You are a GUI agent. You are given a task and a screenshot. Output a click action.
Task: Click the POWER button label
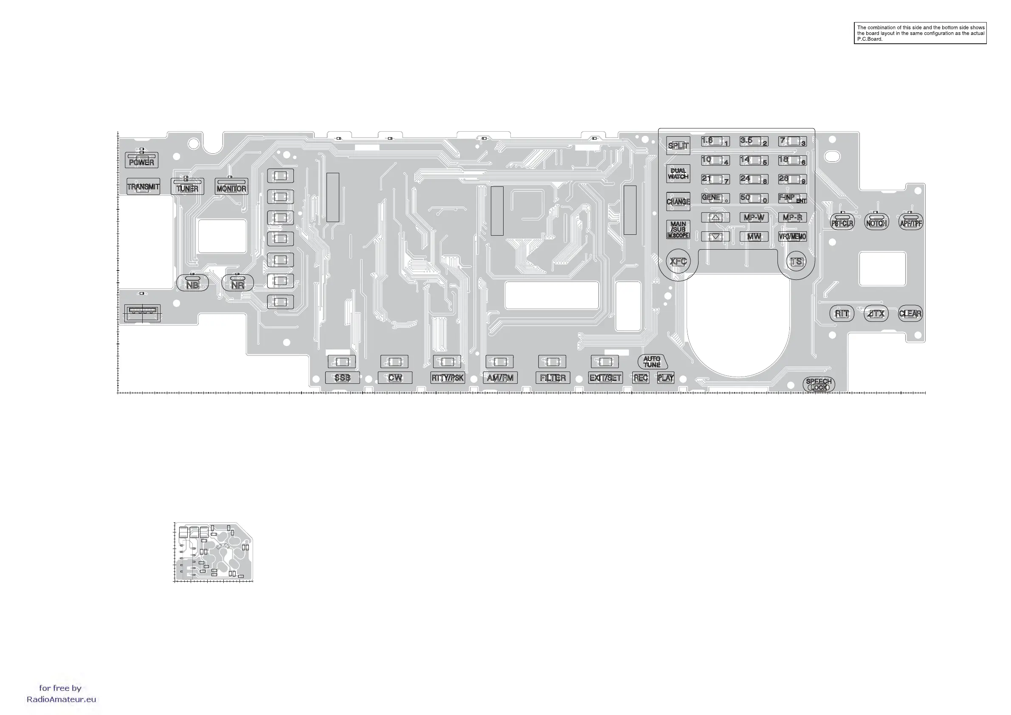[x=141, y=162]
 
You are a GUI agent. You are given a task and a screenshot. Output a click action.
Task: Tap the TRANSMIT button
[x=143, y=187]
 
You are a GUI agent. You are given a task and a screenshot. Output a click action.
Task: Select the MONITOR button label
[x=231, y=188]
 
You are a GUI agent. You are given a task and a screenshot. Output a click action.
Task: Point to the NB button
[x=192, y=284]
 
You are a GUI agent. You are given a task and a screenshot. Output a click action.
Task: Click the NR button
[x=237, y=284]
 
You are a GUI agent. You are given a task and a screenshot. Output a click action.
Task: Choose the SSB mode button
[x=342, y=378]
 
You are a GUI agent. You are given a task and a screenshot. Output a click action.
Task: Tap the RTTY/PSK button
[x=448, y=378]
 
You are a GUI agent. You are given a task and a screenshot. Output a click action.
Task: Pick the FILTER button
[x=552, y=378]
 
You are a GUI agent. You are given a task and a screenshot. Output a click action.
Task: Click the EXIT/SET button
[x=605, y=378]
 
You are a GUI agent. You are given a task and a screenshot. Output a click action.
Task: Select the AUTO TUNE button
[x=652, y=362]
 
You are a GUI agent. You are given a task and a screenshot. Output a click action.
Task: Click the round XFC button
[x=678, y=261]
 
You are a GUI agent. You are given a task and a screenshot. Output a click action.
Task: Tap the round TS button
[x=796, y=262]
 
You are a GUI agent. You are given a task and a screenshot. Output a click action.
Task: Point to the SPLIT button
[x=678, y=146]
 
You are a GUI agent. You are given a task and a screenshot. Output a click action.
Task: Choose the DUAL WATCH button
[x=678, y=174]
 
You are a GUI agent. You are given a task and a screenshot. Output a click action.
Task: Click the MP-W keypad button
[x=754, y=217]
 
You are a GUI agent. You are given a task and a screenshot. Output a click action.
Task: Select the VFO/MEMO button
[x=792, y=236]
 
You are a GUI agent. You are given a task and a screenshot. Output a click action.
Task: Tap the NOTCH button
[x=876, y=223]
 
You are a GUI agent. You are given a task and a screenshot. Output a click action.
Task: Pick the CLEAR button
[x=910, y=313]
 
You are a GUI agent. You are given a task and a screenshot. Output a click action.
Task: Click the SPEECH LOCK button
[x=819, y=384]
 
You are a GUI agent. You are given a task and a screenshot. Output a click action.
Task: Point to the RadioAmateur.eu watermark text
[x=61, y=699]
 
